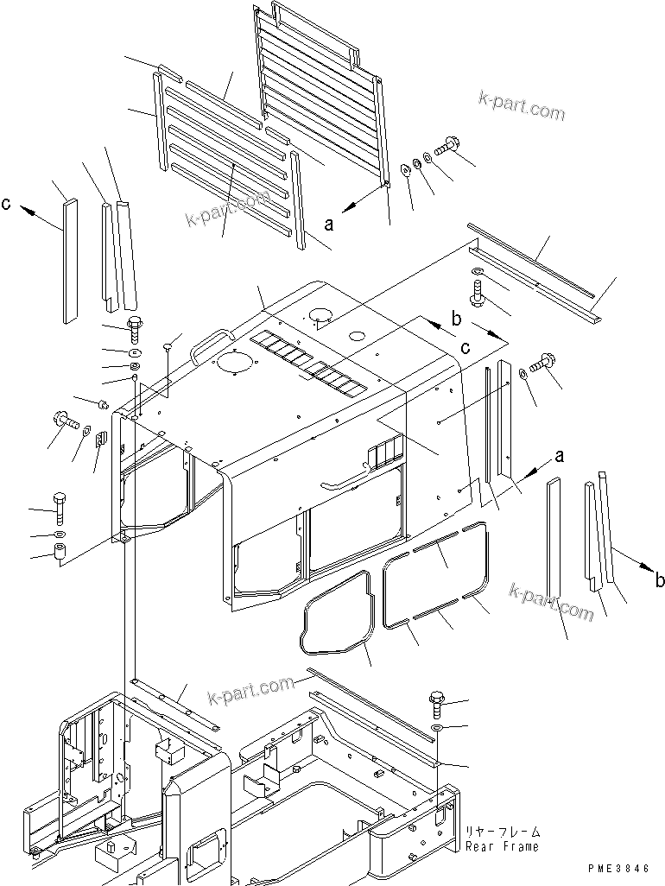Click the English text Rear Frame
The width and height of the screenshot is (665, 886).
pyautogui.click(x=502, y=847)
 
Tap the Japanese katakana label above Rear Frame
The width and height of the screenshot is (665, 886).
pyautogui.click(x=502, y=832)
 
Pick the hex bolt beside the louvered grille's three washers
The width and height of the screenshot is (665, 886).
pyautogui.click(x=450, y=146)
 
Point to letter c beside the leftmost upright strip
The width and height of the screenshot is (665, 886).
pyautogui.click(x=7, y=204)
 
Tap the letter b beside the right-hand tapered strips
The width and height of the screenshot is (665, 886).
pyautogui.click(x=659, y=580)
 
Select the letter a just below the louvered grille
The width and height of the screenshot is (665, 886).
pyautogui.click(x=327, y=224)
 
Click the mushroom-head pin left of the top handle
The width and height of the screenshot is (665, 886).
pyautogui.click(x=166, y=348)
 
